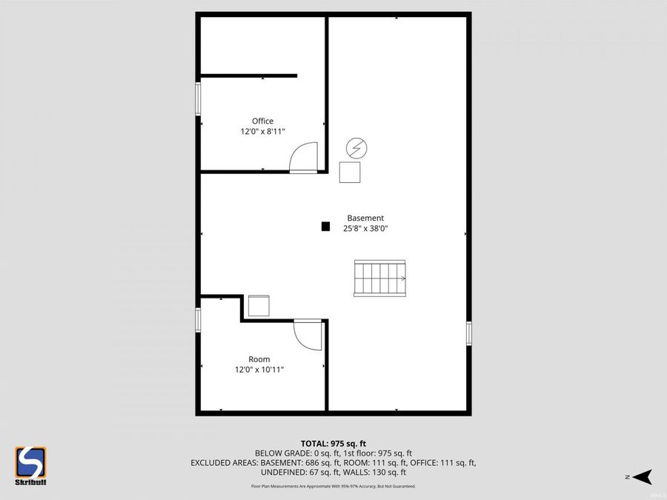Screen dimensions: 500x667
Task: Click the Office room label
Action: point(262,121)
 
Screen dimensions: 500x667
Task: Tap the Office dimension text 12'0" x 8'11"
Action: point(262,131)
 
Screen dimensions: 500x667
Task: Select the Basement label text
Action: point(365,218)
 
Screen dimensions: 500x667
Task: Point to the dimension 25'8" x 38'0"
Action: point(365,229)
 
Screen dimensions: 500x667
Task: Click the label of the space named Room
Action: point(259,359)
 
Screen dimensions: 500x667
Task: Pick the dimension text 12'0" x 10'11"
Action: point(259,370)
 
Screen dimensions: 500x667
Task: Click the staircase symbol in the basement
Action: point(380,279)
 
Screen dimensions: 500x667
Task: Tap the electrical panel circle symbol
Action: point(356,148)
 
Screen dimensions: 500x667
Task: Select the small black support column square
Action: point(325,227)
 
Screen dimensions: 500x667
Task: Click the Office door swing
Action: point(305,157)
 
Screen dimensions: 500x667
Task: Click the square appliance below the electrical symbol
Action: point(350,172)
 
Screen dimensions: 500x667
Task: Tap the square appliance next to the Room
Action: point(259,306)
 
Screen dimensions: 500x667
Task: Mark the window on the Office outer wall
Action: point(198,99)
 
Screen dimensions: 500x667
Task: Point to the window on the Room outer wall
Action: point(198,319)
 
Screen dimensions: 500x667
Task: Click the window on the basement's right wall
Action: point(469,333)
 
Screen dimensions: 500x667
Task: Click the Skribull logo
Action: point(31,466)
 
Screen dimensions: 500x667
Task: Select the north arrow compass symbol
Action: point(642,476)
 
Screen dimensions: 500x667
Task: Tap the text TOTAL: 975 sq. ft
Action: point(333,443)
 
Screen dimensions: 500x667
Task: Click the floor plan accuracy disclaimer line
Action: point(333,487)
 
